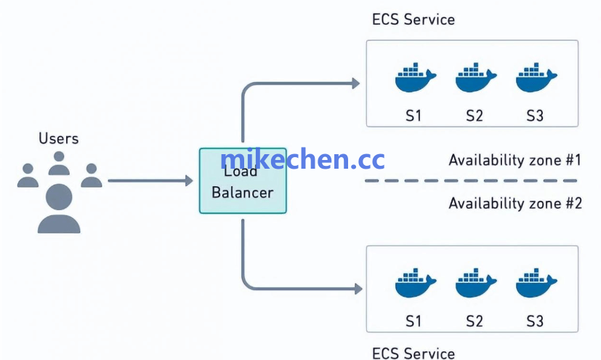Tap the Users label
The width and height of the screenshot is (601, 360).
(x=58, y=138)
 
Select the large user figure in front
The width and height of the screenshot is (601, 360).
(x=59, y=208)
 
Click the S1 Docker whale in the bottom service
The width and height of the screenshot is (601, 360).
(x=414, y=284)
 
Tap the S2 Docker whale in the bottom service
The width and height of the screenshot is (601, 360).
(x=475, y=284)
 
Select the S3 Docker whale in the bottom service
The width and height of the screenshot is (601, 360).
(x=536, y=284)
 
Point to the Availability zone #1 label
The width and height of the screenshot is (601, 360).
(x=515, y=160)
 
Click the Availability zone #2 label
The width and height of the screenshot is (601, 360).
(x=515, y=203)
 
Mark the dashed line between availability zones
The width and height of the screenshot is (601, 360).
(x=472, y=180)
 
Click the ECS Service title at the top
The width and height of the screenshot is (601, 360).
(x=413, y=20)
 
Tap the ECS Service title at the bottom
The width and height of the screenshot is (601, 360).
(x=413, y=353)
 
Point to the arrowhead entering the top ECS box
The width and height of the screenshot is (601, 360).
(x=355, y=84)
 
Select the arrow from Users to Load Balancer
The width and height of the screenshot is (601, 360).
(x=149, y=180)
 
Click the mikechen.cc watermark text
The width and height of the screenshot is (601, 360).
(x=302, y=160)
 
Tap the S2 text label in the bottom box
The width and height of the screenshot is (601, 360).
(x=475, y=321)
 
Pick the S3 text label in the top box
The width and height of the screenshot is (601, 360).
(x=535, y=115)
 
